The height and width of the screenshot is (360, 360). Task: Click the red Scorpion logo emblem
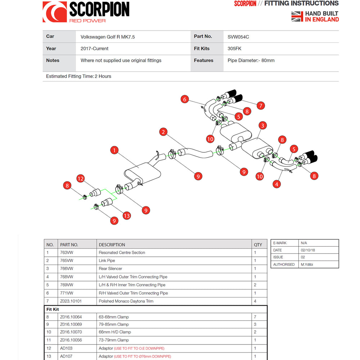tap(55, 12)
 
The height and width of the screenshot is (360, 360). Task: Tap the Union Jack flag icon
tap(297, 17)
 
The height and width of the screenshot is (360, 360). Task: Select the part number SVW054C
tap(238, 37)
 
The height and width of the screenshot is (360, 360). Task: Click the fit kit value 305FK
tap(234, 49)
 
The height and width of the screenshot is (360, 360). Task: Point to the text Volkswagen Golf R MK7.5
tap(108, 37)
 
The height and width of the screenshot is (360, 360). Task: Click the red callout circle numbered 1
tap(114, 150)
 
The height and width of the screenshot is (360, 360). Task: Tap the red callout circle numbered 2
tap(163, 132)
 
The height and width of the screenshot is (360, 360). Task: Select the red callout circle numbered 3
tap(263, 125)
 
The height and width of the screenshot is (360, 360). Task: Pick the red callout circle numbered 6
tap(185, 99)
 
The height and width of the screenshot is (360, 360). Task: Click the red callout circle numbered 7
tap(261, 105)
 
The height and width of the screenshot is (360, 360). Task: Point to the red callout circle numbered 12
tap(80, 179)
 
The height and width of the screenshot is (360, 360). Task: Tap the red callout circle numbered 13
tap(127, 216)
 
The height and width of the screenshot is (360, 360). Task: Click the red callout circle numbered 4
tap(276, 184)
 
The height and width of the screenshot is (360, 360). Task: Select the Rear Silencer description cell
tap(110, 269)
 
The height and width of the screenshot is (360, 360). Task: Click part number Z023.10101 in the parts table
tap(71, 301)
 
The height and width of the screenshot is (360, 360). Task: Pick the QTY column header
tap(258, 245)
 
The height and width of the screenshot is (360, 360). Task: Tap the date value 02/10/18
tap(308, 250)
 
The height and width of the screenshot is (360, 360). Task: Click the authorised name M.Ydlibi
tap(307, 265)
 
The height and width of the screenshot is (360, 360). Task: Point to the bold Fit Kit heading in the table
tap(53, 310)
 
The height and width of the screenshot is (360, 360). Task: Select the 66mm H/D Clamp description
tap(115, 332)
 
